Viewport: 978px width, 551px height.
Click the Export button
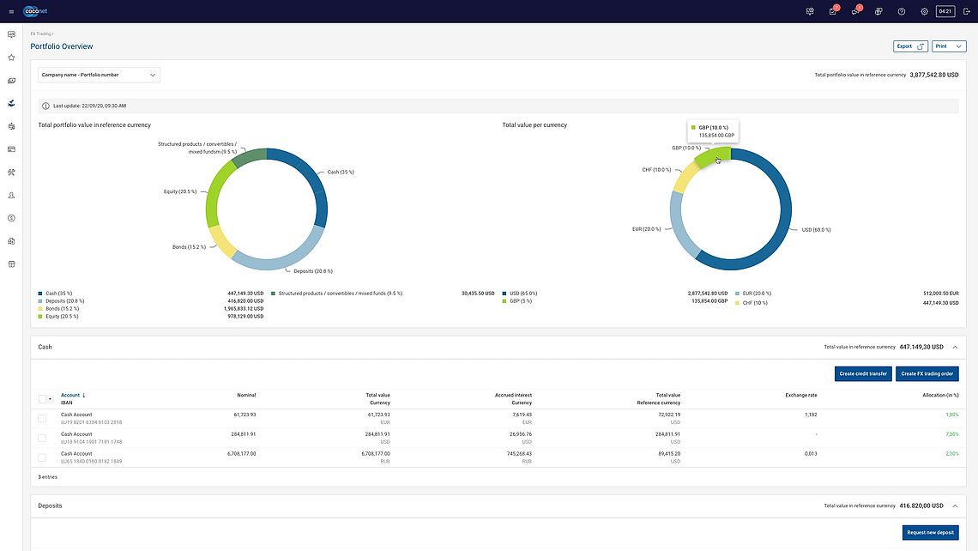coord(910,46)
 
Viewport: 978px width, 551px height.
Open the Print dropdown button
coord(949,46)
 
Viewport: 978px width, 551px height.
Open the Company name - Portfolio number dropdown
coord(99,75)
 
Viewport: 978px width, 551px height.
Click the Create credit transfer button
coord(862,373)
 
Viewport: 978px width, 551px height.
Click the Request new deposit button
coord(931,532)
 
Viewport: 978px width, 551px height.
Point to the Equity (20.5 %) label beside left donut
coord(181,191)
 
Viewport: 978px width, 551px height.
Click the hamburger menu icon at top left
coord(11,11)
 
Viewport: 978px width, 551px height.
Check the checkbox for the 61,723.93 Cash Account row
coord(42,418)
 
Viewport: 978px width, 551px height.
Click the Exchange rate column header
coord(800,395)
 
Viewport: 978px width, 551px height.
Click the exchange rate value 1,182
coord(811,415)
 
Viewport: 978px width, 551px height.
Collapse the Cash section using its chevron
coord(955,348)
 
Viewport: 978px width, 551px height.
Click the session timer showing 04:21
coord(945,11)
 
